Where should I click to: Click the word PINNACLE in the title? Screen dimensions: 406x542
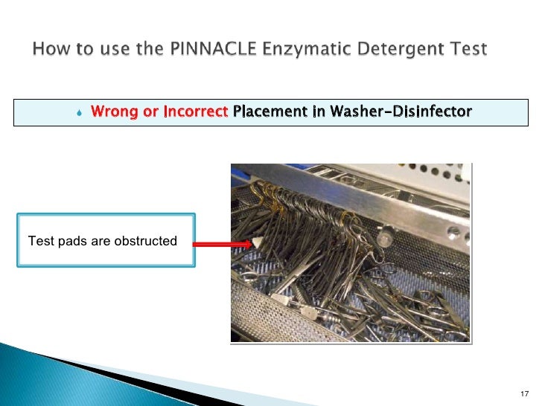click(x=212, y=50)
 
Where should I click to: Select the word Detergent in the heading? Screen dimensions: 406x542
click(x=395, y=50)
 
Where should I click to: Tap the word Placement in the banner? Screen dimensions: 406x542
click(x=269, y=112)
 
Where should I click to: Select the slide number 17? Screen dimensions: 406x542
click(x=523, y=393)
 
